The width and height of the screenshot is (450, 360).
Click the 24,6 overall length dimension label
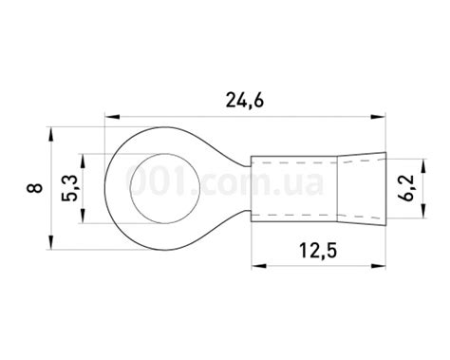[245, 101]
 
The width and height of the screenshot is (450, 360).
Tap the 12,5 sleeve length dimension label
[318, 251]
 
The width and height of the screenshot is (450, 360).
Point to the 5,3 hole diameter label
[69, 189]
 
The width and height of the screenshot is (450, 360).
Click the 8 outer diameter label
[34, 188]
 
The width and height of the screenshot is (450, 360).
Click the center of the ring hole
[165, 188]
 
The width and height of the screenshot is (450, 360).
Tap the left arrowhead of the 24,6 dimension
[112, 117]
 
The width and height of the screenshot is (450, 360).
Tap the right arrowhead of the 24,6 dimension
[378, 117]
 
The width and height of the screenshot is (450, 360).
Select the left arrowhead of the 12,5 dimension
[259, 266]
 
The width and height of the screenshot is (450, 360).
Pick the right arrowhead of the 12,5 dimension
[378, 266]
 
